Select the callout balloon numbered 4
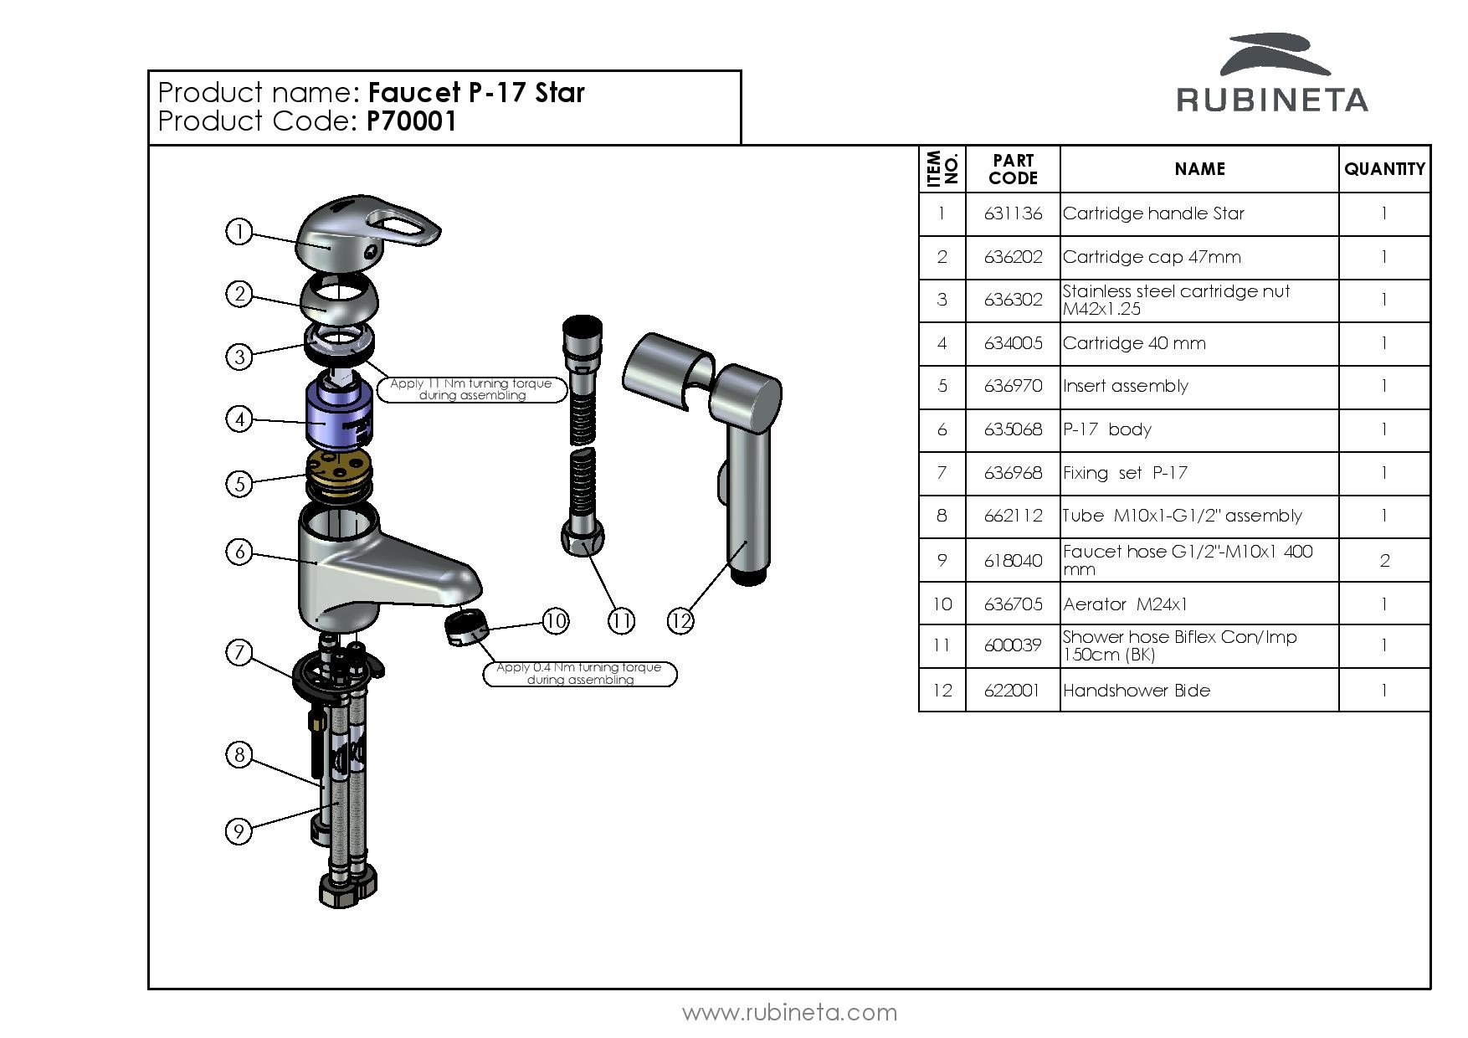coord(239,419)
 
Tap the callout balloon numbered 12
coord(680,620)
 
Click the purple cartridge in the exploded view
coord(341,415)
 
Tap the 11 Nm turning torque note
coord(472,389)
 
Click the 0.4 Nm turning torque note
coord(579,673)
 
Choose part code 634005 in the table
coord(1013,343)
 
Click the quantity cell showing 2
coord(1384,560)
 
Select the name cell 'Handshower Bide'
coord(1136,691)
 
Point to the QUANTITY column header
coord(1384,169)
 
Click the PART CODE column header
coord(1013,169)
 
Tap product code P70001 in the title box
coord(412,122)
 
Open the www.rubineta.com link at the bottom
coord(789,1013)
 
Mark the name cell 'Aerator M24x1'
coord(1125,604)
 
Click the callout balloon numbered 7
coord(239,651)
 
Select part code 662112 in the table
coord(1013,516)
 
